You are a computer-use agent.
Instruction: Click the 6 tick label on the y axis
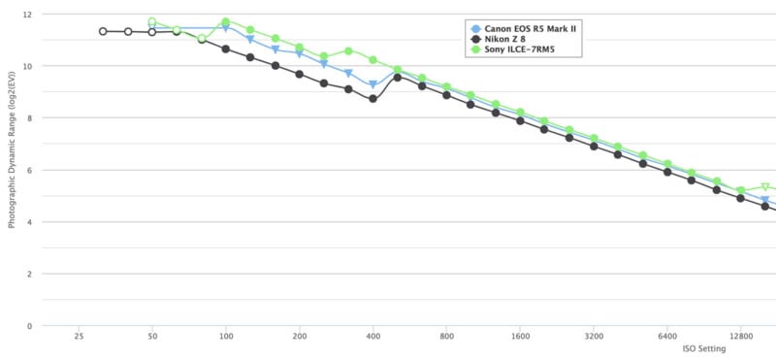click(x=30, y=170)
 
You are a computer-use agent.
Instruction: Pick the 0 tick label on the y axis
click(x=30, y=326)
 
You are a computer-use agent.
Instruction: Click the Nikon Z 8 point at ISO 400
click(x=372, y=99)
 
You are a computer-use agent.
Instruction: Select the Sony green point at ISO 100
click(x=226, y=21)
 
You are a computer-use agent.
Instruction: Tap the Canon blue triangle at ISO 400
click(x=372, y=85)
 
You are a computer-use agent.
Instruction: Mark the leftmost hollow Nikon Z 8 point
click(x=103, y=31)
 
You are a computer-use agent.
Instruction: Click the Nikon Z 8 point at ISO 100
click(x=226, y=49)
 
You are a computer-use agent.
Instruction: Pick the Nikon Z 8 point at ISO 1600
click(x=520, y=120)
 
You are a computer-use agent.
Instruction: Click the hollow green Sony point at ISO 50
click(x=152, y=21)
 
